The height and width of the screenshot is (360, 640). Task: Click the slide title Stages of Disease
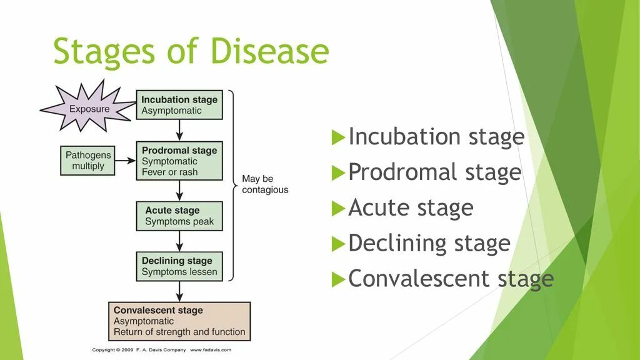pos(191,51)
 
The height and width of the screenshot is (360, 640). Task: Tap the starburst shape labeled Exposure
pos(88,109)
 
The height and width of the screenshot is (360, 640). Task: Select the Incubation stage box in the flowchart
pos(179,105)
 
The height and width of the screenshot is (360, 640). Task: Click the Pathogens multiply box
pos(88,161)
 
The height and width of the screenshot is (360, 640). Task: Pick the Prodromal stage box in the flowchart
pos(179,161)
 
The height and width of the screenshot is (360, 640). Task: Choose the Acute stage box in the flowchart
pos(179,216)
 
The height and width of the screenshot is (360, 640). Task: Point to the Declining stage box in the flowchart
pos(179,266)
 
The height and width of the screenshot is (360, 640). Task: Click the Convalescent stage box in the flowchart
pos(179,321)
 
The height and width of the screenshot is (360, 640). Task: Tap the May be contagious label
pos(265,184)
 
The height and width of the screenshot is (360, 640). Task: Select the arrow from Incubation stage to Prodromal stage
pos(180,130)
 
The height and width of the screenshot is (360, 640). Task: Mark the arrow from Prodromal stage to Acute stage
pos(180,190)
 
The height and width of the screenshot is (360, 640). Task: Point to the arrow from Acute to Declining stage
pos(180,241)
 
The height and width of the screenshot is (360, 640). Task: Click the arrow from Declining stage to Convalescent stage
pos(180,291)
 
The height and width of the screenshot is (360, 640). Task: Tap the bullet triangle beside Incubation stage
pos(337,137)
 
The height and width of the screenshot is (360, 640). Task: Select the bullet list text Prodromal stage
pos(434,172)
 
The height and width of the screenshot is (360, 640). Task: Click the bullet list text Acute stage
pos(411,207)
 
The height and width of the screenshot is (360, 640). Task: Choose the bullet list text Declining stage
pos(429,243)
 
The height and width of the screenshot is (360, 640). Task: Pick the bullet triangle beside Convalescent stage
pos(337,279)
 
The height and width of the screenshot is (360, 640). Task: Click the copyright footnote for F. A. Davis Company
pos(162,350)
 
